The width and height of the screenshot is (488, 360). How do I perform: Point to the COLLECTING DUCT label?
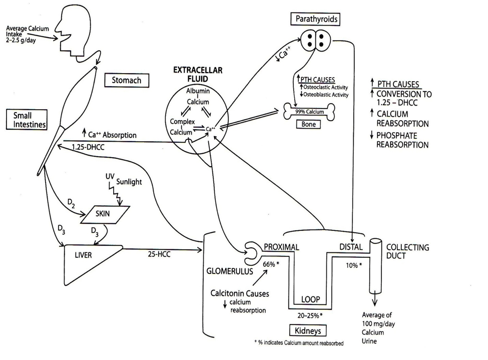(407, 251)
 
